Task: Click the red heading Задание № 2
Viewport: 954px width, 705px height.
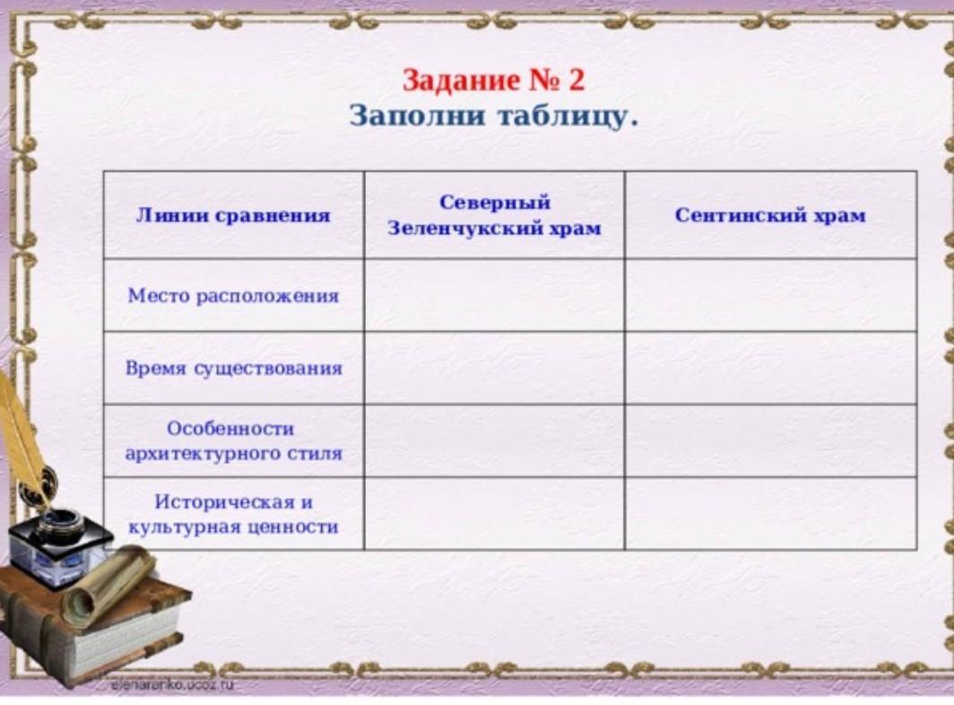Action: coord(493,81)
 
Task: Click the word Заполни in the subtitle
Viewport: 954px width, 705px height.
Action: coord(418,116)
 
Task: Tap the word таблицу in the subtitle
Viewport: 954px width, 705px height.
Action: coord(563,117)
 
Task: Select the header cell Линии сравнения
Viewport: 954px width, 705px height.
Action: coord(233,215)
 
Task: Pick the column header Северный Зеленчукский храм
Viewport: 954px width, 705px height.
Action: coord(495,215)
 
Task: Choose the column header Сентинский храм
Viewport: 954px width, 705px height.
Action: coord(770,215)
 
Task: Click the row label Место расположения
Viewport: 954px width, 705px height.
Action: coord(233,296)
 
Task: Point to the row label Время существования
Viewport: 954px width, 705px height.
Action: coord(234,369)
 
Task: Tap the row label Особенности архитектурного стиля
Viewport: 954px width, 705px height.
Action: coord(234,440)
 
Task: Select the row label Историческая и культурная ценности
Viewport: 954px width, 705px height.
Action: coord(234,515)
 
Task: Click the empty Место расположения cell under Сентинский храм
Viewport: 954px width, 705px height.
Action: coord(771,295)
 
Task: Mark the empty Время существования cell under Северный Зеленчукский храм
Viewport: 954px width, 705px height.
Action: coord(495,368)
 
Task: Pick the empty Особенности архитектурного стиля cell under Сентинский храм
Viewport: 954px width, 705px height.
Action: coord(771,440)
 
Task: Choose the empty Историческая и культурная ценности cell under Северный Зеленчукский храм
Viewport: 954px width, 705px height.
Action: coord(495,514)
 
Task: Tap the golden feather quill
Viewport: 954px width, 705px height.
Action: coord(24,439)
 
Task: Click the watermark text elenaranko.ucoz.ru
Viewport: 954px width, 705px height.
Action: coord(171,685)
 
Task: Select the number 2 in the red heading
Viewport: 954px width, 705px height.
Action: coord(577,81)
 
